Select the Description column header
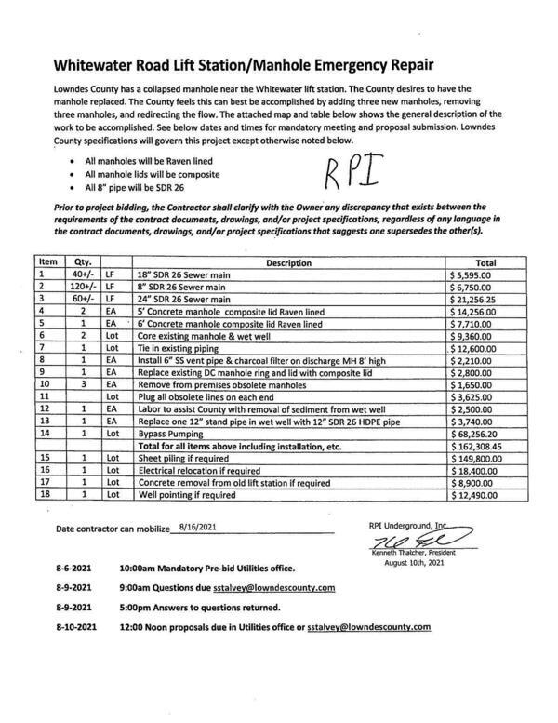click(288, 263)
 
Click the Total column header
click(485, 263)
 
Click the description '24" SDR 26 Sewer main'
click(184, 300)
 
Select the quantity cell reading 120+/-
click(81, 288)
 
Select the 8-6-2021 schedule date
click(73, 568)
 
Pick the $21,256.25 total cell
click(479, 300)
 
